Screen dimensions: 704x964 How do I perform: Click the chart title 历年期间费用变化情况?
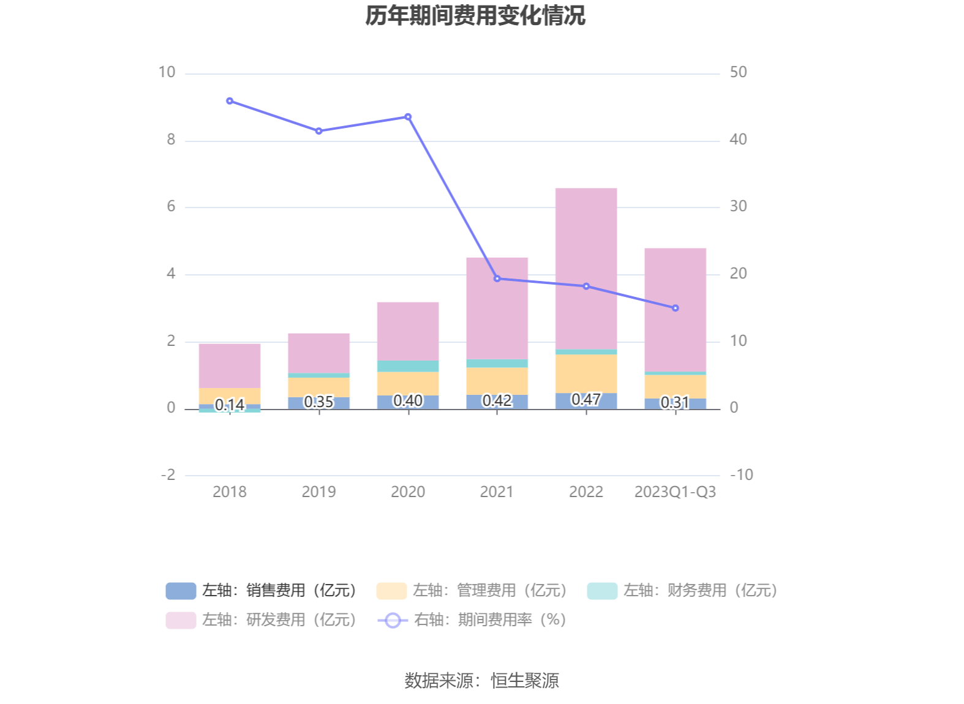click(x=475, y=16)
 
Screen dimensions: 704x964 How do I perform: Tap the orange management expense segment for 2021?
click(x=497, y=380)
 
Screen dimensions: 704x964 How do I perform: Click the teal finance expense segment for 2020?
click(x=408, y=366)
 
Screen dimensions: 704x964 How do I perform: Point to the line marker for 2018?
click(x=230, y=101)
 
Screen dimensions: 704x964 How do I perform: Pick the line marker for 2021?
click(x=497, y=279)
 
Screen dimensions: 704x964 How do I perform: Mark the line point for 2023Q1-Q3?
click(x=675, y=308)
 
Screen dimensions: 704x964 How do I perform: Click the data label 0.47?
click(x=586, y=399)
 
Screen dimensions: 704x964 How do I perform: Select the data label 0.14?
click(x=230, y=405)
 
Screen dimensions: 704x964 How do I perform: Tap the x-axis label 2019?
click(x=318, y=492)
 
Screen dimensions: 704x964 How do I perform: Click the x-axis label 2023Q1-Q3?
click(x=675, y=492)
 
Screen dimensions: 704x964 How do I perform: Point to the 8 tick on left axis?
click(x=171, y=140)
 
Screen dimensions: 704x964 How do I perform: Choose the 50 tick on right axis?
click(x=738, y=72)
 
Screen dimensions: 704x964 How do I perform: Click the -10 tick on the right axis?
click(x=741, y=474)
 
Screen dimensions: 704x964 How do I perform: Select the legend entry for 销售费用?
click(x=262, y=590)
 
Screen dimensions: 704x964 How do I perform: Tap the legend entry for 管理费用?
click(x=472, y=590)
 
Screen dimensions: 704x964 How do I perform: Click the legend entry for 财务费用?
click(x=682, y=590)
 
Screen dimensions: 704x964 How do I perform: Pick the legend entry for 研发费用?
click(x=262, y=620)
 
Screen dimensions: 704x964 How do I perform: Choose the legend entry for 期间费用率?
click(x=472, y=620)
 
